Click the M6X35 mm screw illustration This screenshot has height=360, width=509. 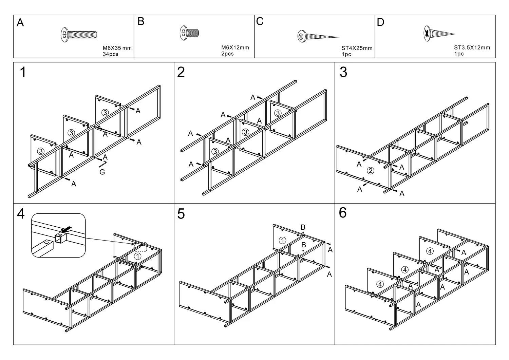[x=79, y=35]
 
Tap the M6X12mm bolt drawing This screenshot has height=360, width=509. [x=189, y=33]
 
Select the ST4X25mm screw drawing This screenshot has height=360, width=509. [x=318, y=36]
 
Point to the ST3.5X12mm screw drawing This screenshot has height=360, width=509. [x=439, y=34]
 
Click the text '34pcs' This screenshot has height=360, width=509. [x=110, y=54]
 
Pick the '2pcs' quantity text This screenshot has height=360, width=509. [x=227, y=54]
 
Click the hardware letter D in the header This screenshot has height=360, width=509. [x=380, y=22]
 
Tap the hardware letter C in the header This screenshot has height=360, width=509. [x=260, y=21]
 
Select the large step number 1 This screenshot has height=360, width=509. [x=23, y=72]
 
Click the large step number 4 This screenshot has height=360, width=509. [x=21, y=214]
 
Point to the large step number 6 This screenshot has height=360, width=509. [x=343, y=213]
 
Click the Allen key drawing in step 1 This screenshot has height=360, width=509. [x=102, y=164]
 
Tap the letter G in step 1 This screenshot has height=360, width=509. [x=102, y=172]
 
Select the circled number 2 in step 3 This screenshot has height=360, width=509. [x=371, y=171]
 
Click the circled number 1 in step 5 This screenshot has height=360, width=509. [x=282, y=241]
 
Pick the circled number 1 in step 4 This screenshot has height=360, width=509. [x=137, y=257]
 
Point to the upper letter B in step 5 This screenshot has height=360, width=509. [x=303, y=227]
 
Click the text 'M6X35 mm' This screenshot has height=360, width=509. [x=117, y=48]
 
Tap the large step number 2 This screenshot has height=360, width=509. [x=181, y=72]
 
